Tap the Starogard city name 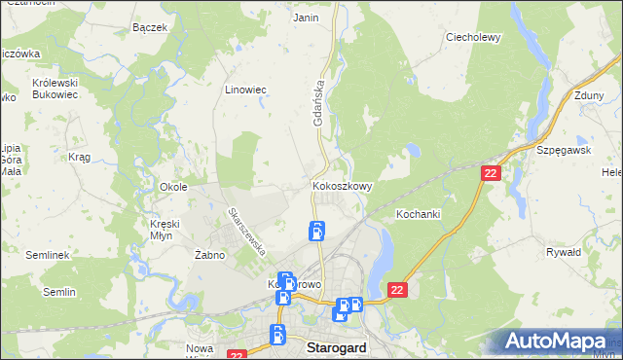tap(336, 346)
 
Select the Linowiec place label tap(246, 89)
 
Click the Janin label tap(306, 18)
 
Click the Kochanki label tap(420, 213)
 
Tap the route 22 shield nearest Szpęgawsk tap(491, 172)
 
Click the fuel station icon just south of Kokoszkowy tap(317, 232)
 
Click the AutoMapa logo tap(557, 341)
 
